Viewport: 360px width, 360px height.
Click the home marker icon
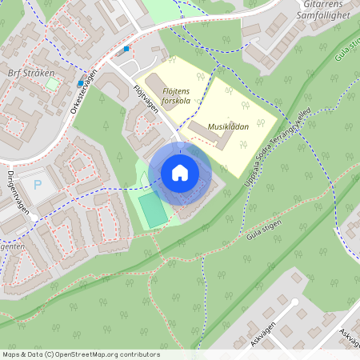180,173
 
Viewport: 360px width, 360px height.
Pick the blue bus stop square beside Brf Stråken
80,83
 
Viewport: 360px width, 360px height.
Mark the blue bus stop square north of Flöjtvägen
126,49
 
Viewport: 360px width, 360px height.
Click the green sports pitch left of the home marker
152,208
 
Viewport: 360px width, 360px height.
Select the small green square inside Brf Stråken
51,83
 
